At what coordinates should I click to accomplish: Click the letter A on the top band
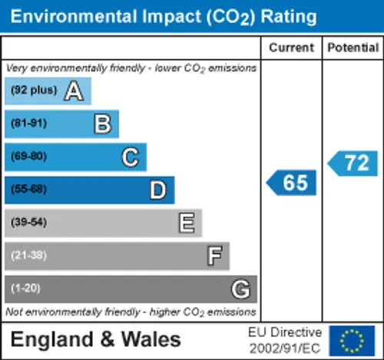click(x=74, y=91)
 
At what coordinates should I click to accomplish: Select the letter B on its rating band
click(x=103, y=124)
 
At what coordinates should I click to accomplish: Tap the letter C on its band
click(x=131, y=157)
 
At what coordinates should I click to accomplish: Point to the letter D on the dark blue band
click(x=158, y=190)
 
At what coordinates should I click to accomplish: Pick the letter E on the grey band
click(x=187, y=223)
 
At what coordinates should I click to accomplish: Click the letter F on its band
click(x=214, y=256)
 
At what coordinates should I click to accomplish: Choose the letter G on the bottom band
click(x=240, y=289)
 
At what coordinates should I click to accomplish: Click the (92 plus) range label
click(x=34, y=90)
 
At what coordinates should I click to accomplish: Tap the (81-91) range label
click(x=28, y=123)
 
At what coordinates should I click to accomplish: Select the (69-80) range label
click(x=28, y=156)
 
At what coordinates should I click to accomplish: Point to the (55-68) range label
click(x=28, y=189)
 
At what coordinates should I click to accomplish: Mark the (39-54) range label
click(x=28, y=222)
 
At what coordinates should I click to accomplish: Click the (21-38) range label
click(x=28, y=255)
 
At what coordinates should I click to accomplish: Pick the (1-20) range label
click(x=25, y=288)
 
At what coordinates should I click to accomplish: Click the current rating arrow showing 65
click(x=291, y=183)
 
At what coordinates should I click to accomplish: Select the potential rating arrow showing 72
click(x=353, y=163)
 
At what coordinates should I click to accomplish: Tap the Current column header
click(x=291, y=48)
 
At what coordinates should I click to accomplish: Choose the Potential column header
click(x=353, y=48)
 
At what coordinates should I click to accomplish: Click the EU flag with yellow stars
click(x=352, y=341)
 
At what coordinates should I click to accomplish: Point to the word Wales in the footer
click(x=151, y=339)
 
